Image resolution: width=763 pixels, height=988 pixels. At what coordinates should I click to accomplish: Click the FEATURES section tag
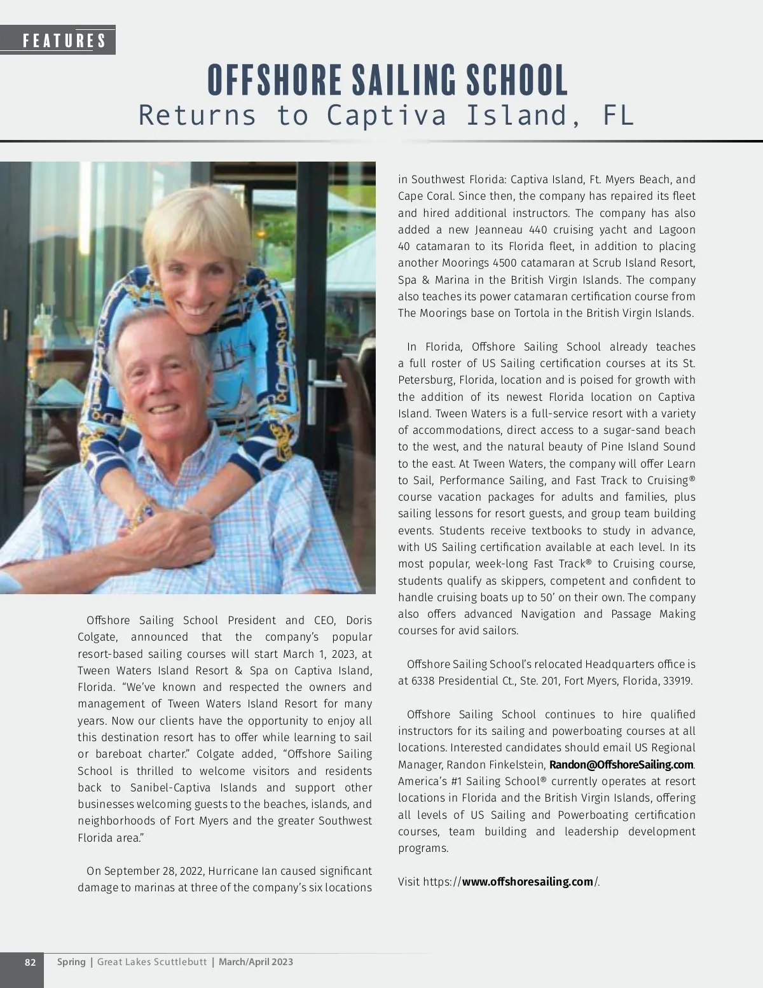pyautogui.click(x=64, y=41)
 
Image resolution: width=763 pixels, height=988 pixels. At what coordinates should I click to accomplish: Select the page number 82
pyautogui.click(x=30, y=962)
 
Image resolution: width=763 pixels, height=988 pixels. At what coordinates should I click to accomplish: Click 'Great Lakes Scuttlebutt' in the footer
pyautogui.click(x=152, y=962)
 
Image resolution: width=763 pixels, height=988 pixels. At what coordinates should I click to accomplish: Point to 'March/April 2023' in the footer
pyautogui.click(x=256, y=962)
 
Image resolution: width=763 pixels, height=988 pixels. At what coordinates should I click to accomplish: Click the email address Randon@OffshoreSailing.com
pyautogui.click(x=621, y=765)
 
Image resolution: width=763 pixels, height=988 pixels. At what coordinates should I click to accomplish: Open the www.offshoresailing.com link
pyautogui.click(x=527, y=882)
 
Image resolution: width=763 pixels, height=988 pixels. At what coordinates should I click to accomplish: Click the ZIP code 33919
pyautogui.click(x=677, y=681)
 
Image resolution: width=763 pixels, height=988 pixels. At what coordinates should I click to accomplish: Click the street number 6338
pyautogui.click(x=425, y=681)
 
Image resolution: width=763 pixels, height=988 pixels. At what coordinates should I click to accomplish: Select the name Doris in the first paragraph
pyautogui.click(x=359, y=620)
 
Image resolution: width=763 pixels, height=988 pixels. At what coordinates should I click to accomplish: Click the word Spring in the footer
pyautogui.click(x=71, y=962)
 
